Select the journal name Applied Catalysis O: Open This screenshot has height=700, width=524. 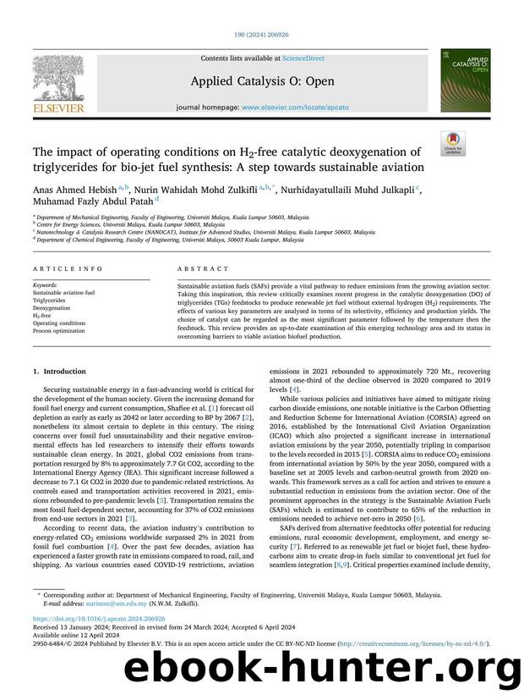tap(261, 82)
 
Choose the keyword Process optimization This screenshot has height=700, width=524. tap(59, 330)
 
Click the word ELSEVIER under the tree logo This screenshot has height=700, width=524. tap(59, 107)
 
